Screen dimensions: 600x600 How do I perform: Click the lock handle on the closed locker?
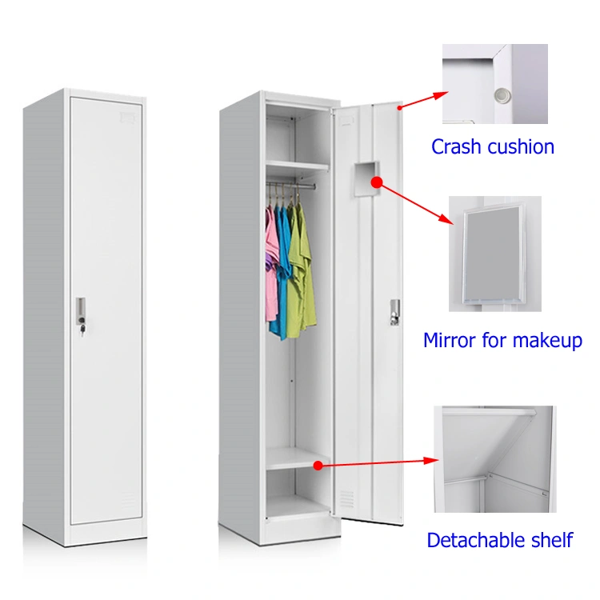tap(81, 314)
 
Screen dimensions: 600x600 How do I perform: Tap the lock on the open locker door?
tap(395, 312)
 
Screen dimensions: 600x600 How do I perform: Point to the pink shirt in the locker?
tap(272, 264)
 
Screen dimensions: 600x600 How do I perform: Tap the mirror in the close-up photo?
tap(494, 254)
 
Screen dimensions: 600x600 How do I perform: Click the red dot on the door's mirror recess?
tap(377, 182)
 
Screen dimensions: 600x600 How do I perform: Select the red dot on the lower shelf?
tap(318, 466)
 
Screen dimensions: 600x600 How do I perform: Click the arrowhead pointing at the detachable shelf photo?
tap(431, 460)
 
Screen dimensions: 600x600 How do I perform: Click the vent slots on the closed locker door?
tap(128, 499)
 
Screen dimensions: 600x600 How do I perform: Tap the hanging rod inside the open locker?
tap(291, 186)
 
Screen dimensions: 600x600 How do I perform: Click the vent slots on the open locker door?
tap(346, 498)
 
